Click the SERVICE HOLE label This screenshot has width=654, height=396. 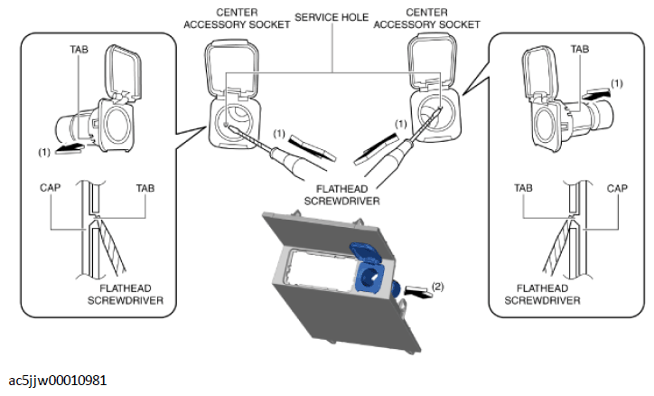pyautogui.click(x=332, y=17)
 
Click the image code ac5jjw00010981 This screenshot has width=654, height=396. pyautogui.click(x=58, y=381)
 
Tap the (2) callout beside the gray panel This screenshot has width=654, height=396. pyautogui.click(x=437, y=287)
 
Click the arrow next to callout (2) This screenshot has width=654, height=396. pyautogui.click(x=418, y=292)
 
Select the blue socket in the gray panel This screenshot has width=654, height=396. pyautogui.click(x=369, y=271)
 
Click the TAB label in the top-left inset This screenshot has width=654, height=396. pyautogui.click(x=79, y=50)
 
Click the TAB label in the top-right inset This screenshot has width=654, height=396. pyautogui.click(x=580, y=49)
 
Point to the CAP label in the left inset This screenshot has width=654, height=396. pyautogui.click(x=50, y=188)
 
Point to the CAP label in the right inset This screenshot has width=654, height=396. pyautogui.click(x=617, y=189)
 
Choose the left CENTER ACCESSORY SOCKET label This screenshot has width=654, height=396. pyautogui.click(x=237, y=19)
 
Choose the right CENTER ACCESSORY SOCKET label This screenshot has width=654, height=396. pyautogui.click(x=426, y=19)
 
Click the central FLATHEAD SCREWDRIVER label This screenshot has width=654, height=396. pyautogui.click(x=342, y=195)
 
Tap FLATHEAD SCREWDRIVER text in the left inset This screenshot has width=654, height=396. pyautogui.click(x=126, y=294)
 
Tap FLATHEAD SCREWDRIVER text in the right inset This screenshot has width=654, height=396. pyautogui.click(x=542, y=294)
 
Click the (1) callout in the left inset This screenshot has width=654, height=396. pyautogui.click(x=44, y=152)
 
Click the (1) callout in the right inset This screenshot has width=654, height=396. pyautogui.click(x=617, y=83)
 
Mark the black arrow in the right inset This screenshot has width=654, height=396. pyautogui.click(x=596, y=95)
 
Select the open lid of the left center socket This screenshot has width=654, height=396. pyautogui.click(x=230, y=67)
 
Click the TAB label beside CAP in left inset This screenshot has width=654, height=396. pyautogui.click(x=145, y=189)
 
